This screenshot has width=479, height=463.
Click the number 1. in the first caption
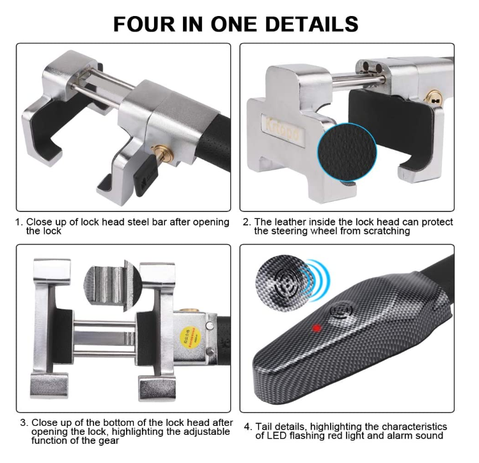(20, 222)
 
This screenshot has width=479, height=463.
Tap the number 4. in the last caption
(247, 426)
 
